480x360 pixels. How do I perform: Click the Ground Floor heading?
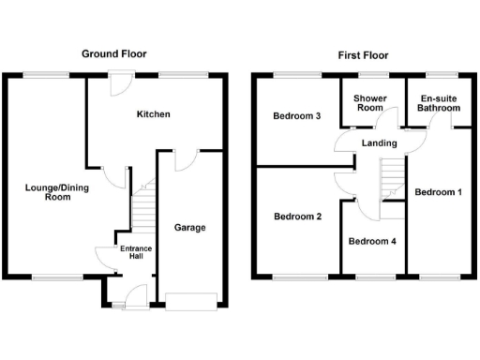point(113,54)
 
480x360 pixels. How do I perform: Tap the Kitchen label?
point(154,114)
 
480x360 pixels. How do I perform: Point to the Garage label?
point(189,227)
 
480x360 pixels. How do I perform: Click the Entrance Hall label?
point(136,253)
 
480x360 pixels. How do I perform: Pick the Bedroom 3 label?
point(296,116)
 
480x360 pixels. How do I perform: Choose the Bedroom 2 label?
point(297,217)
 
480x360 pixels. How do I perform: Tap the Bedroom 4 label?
point(372,241)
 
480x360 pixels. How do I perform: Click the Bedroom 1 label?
point(439,192)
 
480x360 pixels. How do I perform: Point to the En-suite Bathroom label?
point(440,103)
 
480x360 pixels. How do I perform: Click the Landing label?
point(379,142)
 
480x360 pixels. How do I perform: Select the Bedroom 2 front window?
point(298,277)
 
